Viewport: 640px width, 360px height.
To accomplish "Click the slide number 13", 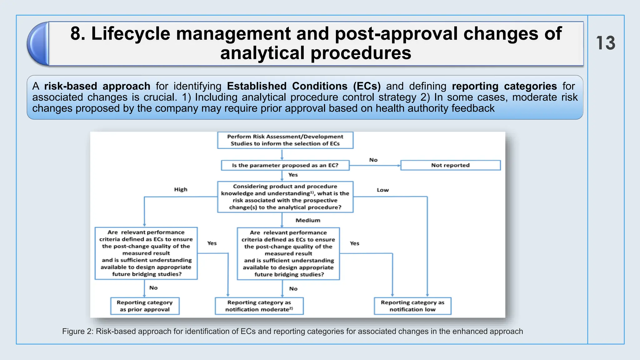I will coord(605,43).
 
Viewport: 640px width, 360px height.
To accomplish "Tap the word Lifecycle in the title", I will coord(131,33).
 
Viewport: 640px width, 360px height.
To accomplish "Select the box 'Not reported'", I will coord(450,165).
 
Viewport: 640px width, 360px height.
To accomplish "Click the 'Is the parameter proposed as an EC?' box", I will coord(285,165).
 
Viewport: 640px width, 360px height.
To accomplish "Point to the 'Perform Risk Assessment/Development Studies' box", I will coord(285,140).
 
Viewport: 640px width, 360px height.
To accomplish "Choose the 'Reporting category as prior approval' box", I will coord(145,306).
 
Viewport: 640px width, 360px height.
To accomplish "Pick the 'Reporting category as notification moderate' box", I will coord(259,306).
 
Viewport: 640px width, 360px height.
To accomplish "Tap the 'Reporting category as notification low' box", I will coord(412,306).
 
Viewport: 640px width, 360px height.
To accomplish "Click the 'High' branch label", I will coord(181,189).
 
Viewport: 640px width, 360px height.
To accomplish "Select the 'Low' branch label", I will coord(382,190).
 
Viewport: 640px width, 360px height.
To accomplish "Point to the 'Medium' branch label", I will coord(308,220).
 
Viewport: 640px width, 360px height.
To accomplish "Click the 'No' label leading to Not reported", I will coord(373,160).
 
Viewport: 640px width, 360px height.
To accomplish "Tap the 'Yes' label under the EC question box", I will coord(293,175).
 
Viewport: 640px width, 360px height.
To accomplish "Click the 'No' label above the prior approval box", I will coord(153,288).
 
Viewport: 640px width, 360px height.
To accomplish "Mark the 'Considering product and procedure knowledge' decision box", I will coord(285,197).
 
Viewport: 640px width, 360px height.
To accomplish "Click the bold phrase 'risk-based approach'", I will coord(97,86).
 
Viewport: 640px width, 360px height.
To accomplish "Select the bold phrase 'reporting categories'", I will coord(504,86).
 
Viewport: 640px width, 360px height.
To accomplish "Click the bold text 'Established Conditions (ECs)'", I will coord(304,86).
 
